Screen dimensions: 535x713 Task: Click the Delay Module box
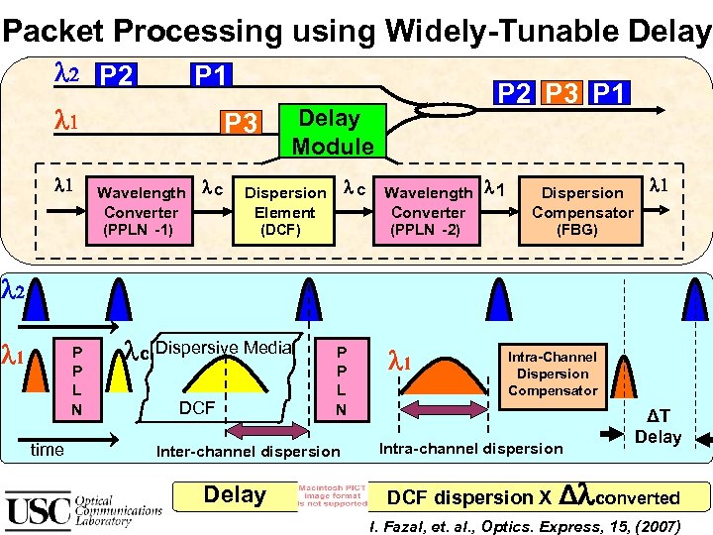pos(331,132)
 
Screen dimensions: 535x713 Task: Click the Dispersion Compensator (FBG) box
pos(582,211)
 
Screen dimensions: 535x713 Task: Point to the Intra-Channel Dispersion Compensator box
pos(552,374)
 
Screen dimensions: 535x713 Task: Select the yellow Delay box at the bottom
pos(235,495)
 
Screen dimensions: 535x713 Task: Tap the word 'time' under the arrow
pos(48,450)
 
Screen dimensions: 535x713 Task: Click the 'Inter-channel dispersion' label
pos(248,452)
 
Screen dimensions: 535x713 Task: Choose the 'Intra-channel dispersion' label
pos(470,448)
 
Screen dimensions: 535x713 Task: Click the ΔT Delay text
pos(658,427)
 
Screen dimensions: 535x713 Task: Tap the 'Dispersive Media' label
pos(224,347)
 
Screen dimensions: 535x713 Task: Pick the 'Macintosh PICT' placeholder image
pos(333,494)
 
